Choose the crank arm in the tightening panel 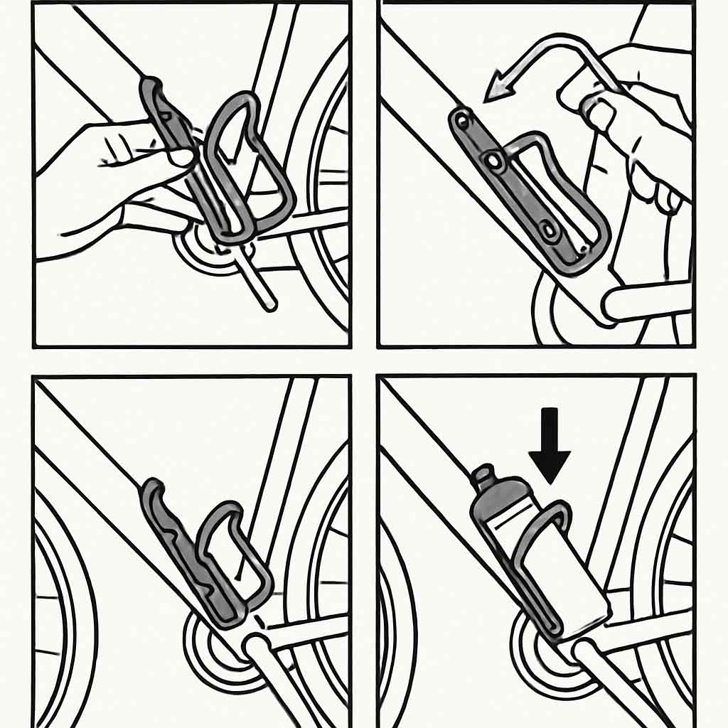tap(643, 302)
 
